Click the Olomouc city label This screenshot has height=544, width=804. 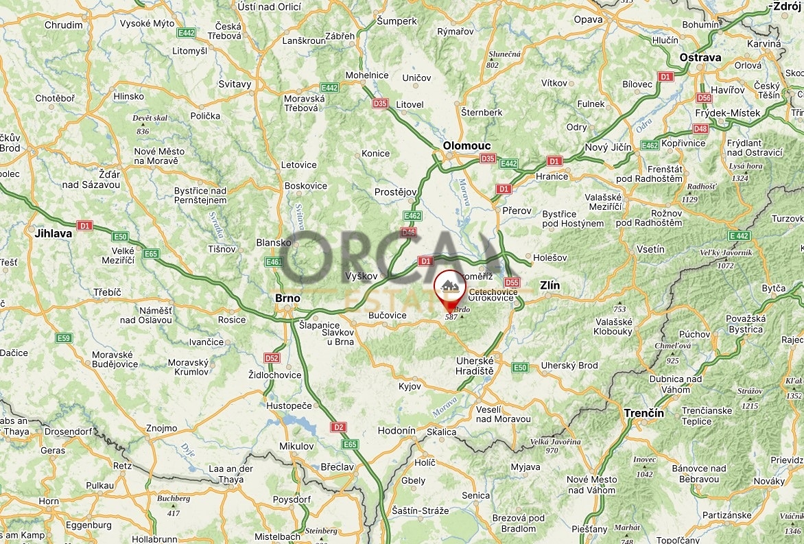tap(466, 145)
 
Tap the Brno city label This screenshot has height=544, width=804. tap(287, 298)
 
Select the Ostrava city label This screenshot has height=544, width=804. tap(700, 58)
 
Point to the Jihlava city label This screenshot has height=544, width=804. tap(53, 233)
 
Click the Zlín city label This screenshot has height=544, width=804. tap(549, 285)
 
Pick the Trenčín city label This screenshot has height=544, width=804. tap(643, 413)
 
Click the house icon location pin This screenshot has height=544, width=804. tap(449, 287)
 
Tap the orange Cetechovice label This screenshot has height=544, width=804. tap(493, 292)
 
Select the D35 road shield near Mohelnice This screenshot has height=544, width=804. tap(380, 104)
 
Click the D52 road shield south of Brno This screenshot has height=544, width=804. tap(272, 358)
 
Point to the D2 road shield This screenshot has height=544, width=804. tap(338, 427)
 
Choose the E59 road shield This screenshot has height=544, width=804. tap(64, 338)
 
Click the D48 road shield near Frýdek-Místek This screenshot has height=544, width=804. tap(700, 128)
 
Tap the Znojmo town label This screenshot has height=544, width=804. tap(161, 428)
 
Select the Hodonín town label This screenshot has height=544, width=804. tap(397, 431)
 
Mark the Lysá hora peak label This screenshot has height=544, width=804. tap(746, 166)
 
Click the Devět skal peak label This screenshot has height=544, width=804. tap(150, 118)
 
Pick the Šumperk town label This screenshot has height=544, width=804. tap(397, 21)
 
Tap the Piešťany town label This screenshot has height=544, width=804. tap(589, 529)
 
